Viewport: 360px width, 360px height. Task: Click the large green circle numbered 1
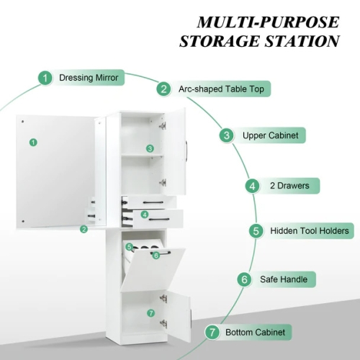tap(45, 78)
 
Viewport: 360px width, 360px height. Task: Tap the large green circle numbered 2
tap(164, 89)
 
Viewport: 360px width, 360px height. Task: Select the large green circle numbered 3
tap(227, 135)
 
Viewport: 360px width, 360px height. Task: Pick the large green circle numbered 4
tap(253, 186)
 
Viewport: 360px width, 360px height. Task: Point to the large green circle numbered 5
tap(256, 231)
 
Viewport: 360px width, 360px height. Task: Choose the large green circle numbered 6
tap(245, 279)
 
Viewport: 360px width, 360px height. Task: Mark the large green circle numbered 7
tap(212, 333)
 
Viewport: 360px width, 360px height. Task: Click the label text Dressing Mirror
tap(89, 78)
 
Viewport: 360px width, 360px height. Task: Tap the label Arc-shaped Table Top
tap(221, 89)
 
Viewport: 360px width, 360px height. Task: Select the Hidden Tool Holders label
tap(310, 231)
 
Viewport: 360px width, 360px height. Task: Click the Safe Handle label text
tap(284, 279)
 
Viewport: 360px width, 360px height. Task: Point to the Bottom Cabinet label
tap(256, 333)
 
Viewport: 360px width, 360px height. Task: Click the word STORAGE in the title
tap(220, 41)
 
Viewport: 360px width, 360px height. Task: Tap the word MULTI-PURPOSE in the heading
tap(268, 22)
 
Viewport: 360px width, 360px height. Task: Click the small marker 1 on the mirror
tap(33, 143)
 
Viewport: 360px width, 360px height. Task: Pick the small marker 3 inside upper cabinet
tap(150, 148)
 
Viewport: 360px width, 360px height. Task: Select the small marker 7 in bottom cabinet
tap(151, 313)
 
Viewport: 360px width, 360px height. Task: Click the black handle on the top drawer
tap(153, 203)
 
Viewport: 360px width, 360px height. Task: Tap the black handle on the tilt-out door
tap(161, 253)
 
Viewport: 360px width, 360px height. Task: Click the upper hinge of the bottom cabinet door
tap(163, 299)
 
